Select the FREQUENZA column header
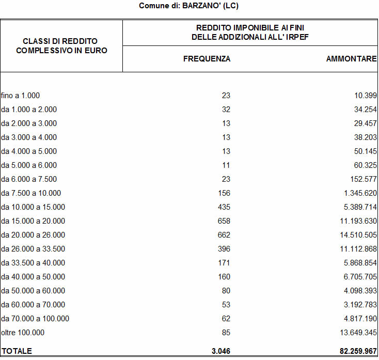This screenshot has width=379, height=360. pyautogui.click(x=207, y=59)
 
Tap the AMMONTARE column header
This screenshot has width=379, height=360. pyautogui.click(x=351, y=59)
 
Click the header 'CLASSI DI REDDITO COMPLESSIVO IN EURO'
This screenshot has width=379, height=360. pyautogui.click(x=61, y=45)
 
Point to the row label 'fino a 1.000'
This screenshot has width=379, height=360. pyautogui.click(x=21, y=96)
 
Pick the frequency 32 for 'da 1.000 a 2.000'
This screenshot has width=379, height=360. pyautogui.click(x=226, y=109)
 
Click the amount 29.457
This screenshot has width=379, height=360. pyautogui.click(x=362, y=123)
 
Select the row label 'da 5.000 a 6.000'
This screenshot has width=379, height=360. pyautogui.click(x=29, y=165)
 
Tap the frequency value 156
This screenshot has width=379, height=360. pyautogui.click(x=224, y=193)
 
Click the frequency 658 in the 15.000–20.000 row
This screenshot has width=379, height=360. pyautogui.click(x=224, y=221)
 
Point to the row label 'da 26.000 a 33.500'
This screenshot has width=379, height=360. pyautogui.click(x=33, y=249)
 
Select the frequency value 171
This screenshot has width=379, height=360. pyautogui.click(x=224, y=263)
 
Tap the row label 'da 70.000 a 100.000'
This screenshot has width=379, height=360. pyautogui.click(x=35, y=319)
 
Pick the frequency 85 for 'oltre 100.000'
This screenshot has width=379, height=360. pyautogui.click(x=226, y=333)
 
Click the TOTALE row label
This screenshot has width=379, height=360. pyautogui.click(x=17, y=351)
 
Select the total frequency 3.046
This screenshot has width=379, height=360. pyautogui.click(x=221, y=351)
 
